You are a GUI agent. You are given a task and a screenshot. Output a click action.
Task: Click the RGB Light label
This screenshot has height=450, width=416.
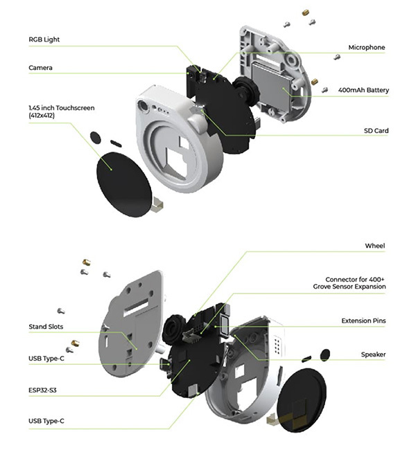pyautogui.click(x=44, y=39)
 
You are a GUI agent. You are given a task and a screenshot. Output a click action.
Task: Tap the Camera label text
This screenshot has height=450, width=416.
pyautogui.click(x=40, y=68)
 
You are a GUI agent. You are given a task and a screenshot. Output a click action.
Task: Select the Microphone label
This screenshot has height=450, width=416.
pyautogui.click(x=367, y=47)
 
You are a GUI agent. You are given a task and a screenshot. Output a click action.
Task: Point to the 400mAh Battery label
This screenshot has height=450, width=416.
pyautogui.click(x=363, y=90)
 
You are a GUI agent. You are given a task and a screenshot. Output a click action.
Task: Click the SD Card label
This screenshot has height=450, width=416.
pyautogui.click(x=376, y=131)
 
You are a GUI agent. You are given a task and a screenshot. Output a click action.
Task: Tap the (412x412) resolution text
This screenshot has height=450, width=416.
pyautogui.click(x=42, y=116)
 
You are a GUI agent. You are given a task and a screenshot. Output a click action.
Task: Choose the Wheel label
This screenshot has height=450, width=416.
pyautogui.click(x=375, y=246)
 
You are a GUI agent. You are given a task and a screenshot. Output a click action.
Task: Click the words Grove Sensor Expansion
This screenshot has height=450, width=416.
pyautogui.click(x=349, y=287)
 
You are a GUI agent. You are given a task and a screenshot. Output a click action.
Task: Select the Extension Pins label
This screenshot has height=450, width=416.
pyautogui.click(x=363, y=321)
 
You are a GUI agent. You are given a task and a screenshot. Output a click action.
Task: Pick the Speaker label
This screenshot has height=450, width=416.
pyautogui.click(x=373, y=354)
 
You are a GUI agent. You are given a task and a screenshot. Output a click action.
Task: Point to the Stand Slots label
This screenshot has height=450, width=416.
pyautogui.click(x=46, y=327)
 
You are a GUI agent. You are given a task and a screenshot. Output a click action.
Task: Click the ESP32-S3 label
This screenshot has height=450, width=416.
pyautogui.click(x=42, y=390)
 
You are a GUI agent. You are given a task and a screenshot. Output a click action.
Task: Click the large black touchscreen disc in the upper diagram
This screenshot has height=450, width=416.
pyautogui.click(x=124, y=184)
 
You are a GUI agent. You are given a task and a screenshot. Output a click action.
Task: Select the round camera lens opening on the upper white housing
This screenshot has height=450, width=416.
pyautogui.click(x=143, y=105)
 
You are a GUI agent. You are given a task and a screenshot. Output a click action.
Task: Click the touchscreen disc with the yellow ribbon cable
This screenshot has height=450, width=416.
pyautogui.click(x=302, y=400)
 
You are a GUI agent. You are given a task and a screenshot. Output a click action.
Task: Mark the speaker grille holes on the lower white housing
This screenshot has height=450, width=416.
pyautogui.click(x=277, y=344)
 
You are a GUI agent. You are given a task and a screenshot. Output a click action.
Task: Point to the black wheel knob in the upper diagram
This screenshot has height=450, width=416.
pyautogui.click(x=246, y=90)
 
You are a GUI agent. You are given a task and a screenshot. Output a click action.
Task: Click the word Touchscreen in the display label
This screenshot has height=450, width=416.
pyautogui.click(x=75, y=108)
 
